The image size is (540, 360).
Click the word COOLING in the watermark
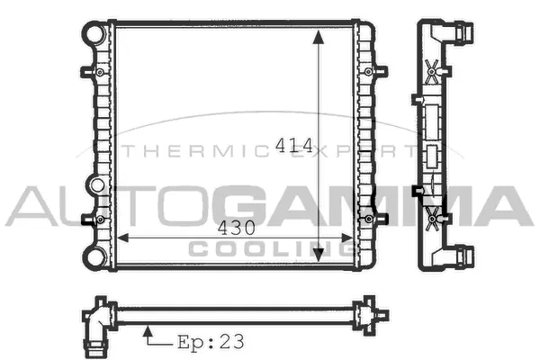270,248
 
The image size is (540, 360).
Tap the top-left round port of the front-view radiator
93,33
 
